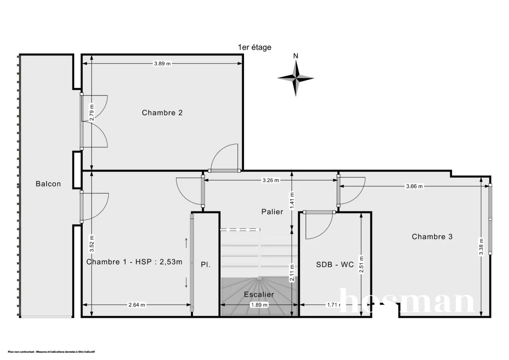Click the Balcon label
[x=48, y=184]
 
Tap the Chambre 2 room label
[x=162, y=113]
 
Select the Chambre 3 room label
[x=432, y=237]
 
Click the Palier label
[x=272, y=212]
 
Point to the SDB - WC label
[x=335, y=264]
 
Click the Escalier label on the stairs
[x=259, y=294]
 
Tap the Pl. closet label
[x=206, y=264]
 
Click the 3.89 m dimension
[x=162, y=64]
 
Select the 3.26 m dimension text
[x=271, y=180]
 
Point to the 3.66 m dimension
[x=414, y=186]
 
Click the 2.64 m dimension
[x=137, y=304]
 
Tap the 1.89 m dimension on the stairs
[x=259, y=304]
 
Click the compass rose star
[x=296, y=78]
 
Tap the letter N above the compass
[x=296, y=56]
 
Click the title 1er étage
[x=255, y=47]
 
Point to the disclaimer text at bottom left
[x=51, y=352]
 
